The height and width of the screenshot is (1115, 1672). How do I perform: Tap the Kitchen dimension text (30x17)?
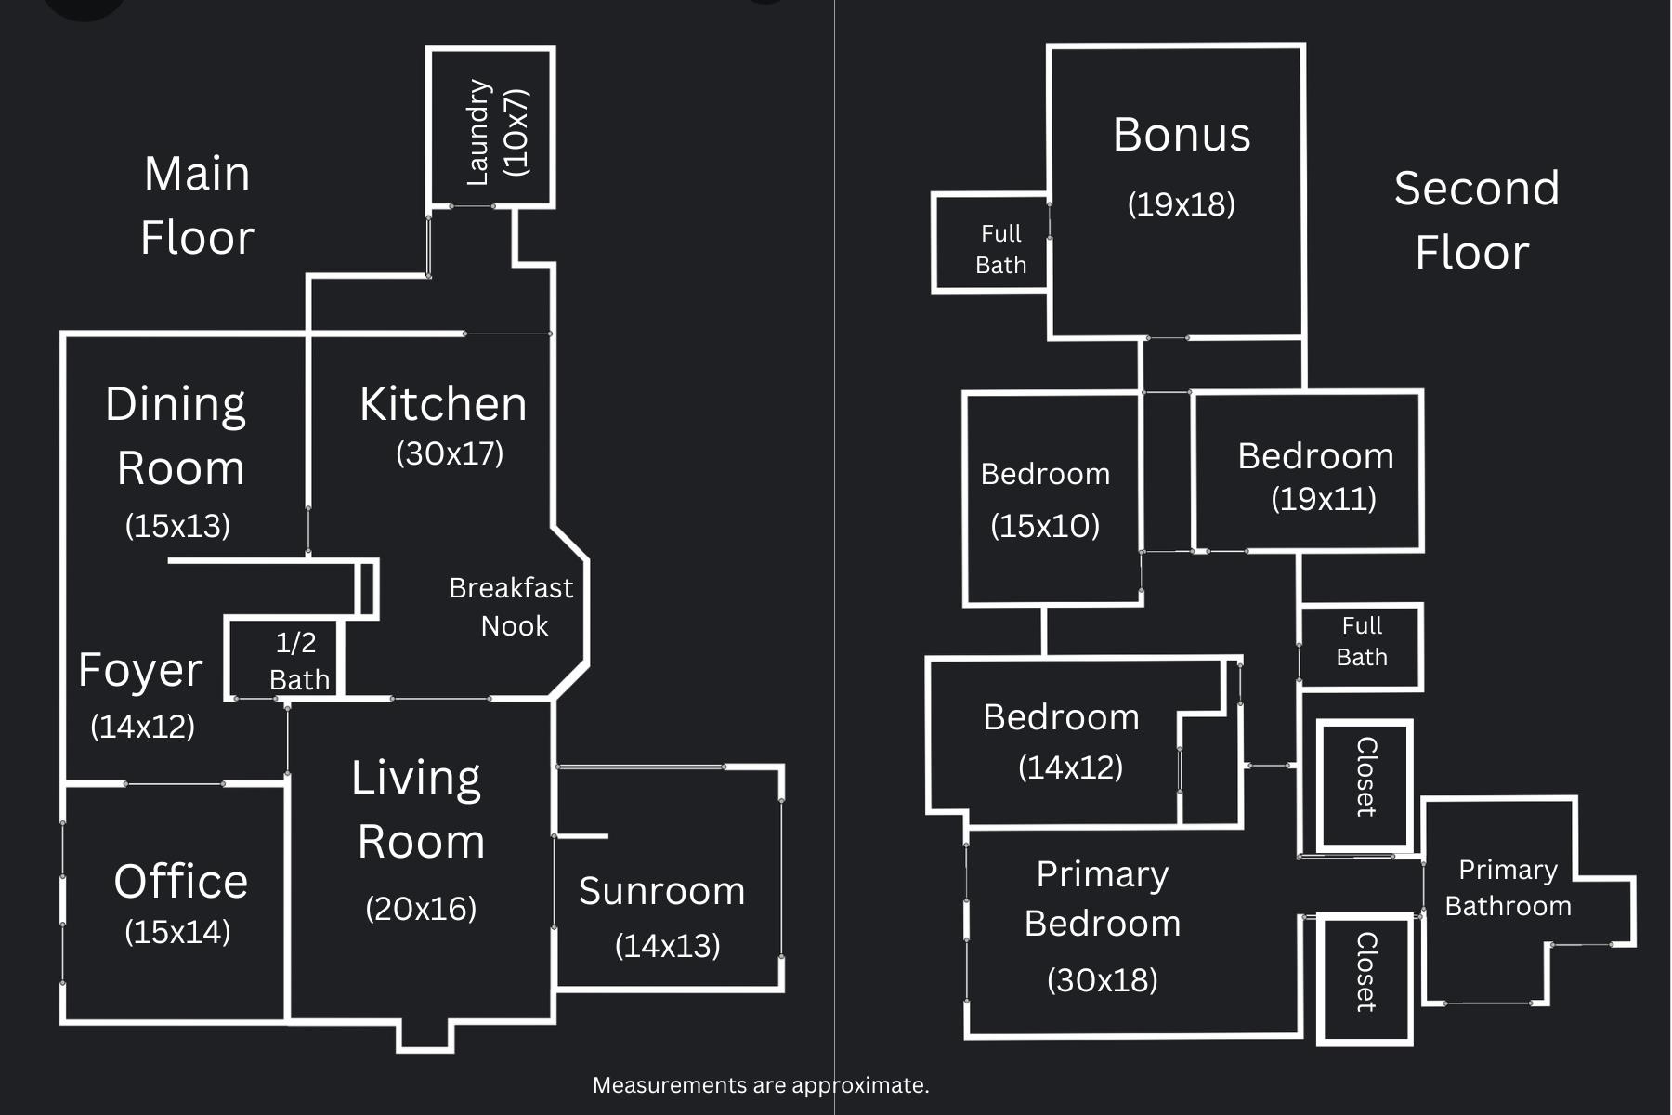pos(450,453)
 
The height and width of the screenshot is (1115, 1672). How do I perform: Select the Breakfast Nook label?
pos(511,607)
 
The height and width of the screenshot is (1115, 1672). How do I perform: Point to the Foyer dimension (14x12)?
pos(142,727)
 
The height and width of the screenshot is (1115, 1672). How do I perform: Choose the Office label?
pos(180,881)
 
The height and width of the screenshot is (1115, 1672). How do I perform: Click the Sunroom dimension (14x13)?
pos(667,946)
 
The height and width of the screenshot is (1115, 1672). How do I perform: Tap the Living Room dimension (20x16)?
pos(421,909)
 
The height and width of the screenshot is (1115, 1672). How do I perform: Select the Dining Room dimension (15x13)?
pos(177,526)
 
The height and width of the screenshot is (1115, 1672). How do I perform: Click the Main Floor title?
pos(197,205)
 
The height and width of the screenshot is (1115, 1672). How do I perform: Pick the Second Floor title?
pos(1475,220)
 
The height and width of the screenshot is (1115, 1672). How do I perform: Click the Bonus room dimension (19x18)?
pos(1181,204)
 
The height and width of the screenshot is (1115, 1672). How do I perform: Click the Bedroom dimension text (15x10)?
pos(1045,526)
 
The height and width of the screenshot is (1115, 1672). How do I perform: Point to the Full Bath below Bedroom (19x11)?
pos(1361,641)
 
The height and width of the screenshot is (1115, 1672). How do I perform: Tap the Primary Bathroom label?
pos(1508,888)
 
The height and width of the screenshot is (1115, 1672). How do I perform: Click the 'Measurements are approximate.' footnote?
pos(761,1085)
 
